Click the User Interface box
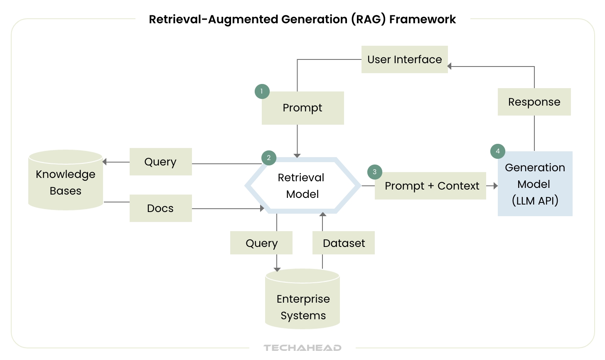pyautogui.click(x=404, y=59)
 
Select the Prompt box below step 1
pyautogui.click(x=302, y=108)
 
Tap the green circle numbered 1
pyautogui.click(x=262, y=91)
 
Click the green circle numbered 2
pyautogui.click(x=269, y=158)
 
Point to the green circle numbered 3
pyautogui.click(x=374, y=172)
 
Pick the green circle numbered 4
pyautogui.click(x=497, y=151)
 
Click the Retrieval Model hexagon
pyautogui.click(x=302, y=185)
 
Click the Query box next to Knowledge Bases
pyautogui.click(x=160, y=162)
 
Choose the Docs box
pyautogui.click(x=160, y=208)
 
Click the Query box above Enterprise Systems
pyautogui.click(x=261, y=243)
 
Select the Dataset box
pyautogui.click(x=344, y=243)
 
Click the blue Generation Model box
pyautogui.click(x=535, y=184)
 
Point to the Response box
pyautogui.click(x=534, y=102)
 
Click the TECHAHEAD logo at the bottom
pyautogui.click(x=302, y=348)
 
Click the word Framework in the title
pyautogui.click(x=422, y=20)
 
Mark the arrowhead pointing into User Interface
pyautogui.click(x=450, y=66)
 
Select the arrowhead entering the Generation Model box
pyautogui.click(x=495, y=186)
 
